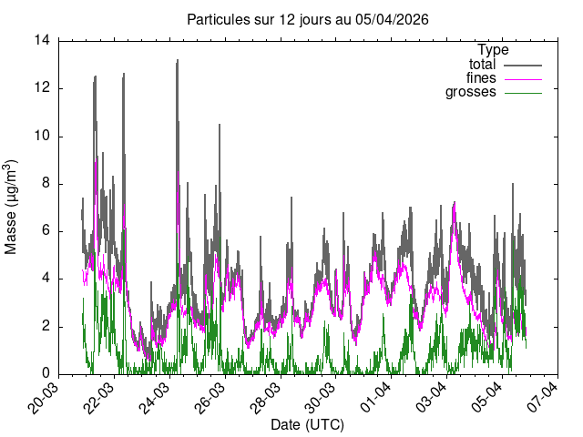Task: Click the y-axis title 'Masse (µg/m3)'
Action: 12,207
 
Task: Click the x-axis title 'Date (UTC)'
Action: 307,425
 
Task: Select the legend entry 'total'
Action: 482,65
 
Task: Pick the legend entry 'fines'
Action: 481,78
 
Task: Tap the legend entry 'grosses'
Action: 470,92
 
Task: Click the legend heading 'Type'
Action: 493,50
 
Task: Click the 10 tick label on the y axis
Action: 42,136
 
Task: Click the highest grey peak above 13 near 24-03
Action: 177,61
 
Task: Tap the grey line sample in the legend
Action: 521,66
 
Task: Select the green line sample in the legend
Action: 521,93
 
